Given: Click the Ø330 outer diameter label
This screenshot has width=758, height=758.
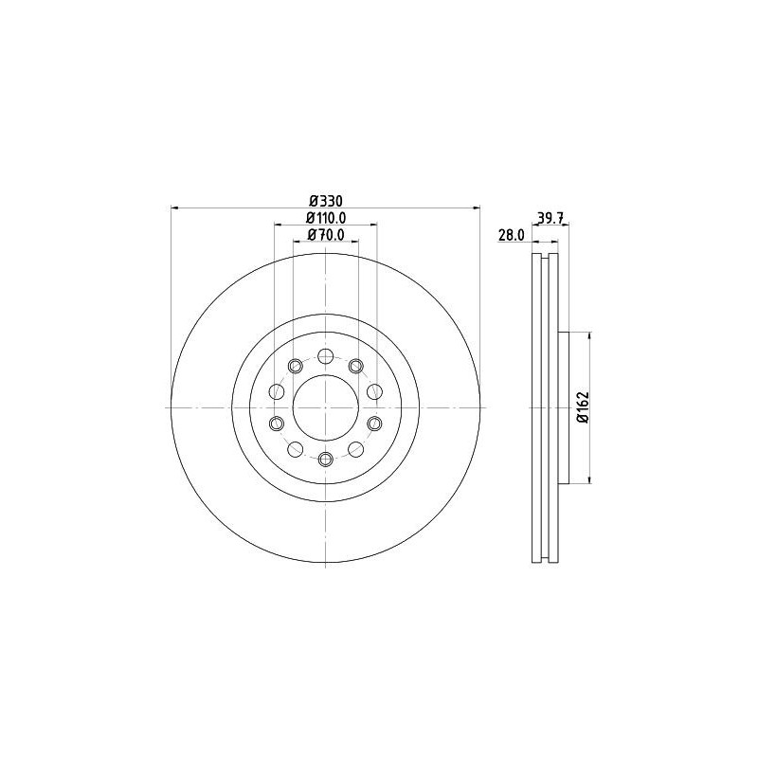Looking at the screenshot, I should point(325,200).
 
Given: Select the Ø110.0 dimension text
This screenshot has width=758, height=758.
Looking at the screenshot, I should point(325,217).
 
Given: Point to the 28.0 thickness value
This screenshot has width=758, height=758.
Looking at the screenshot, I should point(512,235).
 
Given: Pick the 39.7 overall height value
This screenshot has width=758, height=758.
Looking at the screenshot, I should point(550,218).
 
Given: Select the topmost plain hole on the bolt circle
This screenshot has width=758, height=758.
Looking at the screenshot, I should point(325,356).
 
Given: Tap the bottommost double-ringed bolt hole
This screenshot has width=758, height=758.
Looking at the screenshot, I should point(325,460).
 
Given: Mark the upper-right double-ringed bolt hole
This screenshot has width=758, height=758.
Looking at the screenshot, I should point(356,366).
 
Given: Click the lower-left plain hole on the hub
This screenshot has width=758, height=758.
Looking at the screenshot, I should point(295,449).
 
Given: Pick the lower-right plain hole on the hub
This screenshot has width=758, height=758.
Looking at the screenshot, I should point(356,449).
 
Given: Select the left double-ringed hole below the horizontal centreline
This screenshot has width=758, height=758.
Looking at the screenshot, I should point(276,424).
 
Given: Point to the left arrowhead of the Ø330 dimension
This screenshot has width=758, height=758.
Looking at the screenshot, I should point(174,208).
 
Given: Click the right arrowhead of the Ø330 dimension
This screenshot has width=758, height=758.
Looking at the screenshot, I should point(477,208).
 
